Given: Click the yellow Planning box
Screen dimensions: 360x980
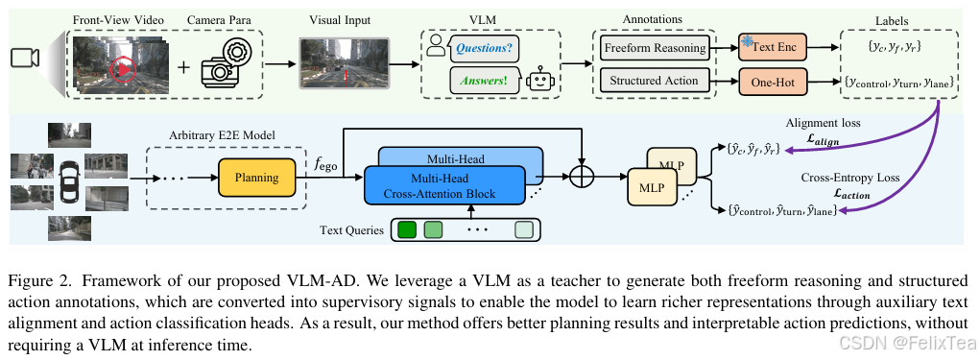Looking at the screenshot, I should click(x=256, y=177).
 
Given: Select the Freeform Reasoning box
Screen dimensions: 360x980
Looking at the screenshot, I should click(x=656, y=48).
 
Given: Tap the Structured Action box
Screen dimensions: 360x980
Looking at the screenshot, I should click(x=656, y=82).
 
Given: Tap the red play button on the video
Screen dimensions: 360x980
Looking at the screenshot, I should click(x=123, y=67).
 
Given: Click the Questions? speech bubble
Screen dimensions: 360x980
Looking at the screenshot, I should click(x=483, y=47).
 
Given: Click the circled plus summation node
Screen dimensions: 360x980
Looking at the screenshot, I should click(x=582, y=178).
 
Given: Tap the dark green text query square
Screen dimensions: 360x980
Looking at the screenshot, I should click(x=407, y=230).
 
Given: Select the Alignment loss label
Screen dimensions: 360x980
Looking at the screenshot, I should click(x=822, y=123).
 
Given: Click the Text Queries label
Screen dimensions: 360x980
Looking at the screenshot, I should click(x=351, y=230).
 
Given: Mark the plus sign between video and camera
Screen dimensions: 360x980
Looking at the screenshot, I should click(x=182, y=67).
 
